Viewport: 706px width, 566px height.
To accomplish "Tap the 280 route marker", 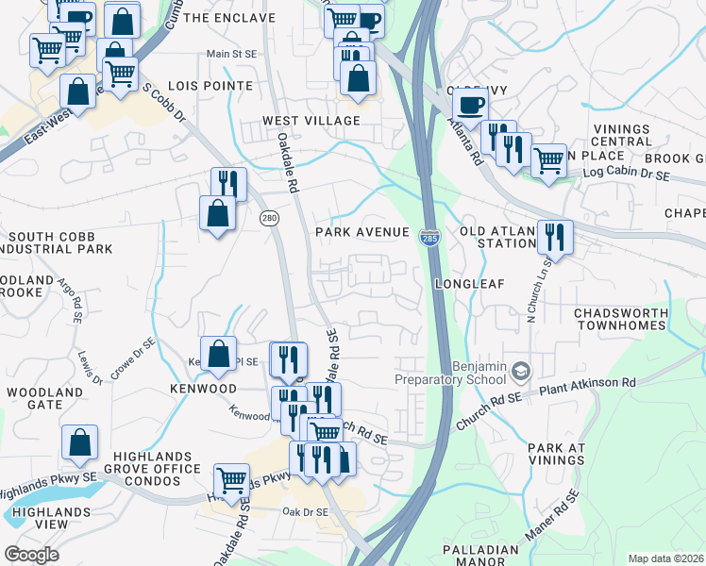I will point(269,217).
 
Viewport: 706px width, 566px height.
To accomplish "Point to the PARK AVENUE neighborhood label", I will point(362,232).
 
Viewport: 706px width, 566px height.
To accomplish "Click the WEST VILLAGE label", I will point(311,121).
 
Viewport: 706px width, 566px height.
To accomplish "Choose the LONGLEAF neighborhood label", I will point(471,283).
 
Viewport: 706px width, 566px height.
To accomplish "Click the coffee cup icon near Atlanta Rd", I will point(470,104).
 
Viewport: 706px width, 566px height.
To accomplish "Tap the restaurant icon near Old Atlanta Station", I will point(554,235).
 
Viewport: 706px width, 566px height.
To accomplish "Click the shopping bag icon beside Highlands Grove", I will point(80,441).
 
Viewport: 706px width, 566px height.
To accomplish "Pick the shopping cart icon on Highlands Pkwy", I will point(231,479).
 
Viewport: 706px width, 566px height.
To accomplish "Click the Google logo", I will point(31,555).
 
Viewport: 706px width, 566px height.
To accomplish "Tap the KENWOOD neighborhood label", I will point(203,389).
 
